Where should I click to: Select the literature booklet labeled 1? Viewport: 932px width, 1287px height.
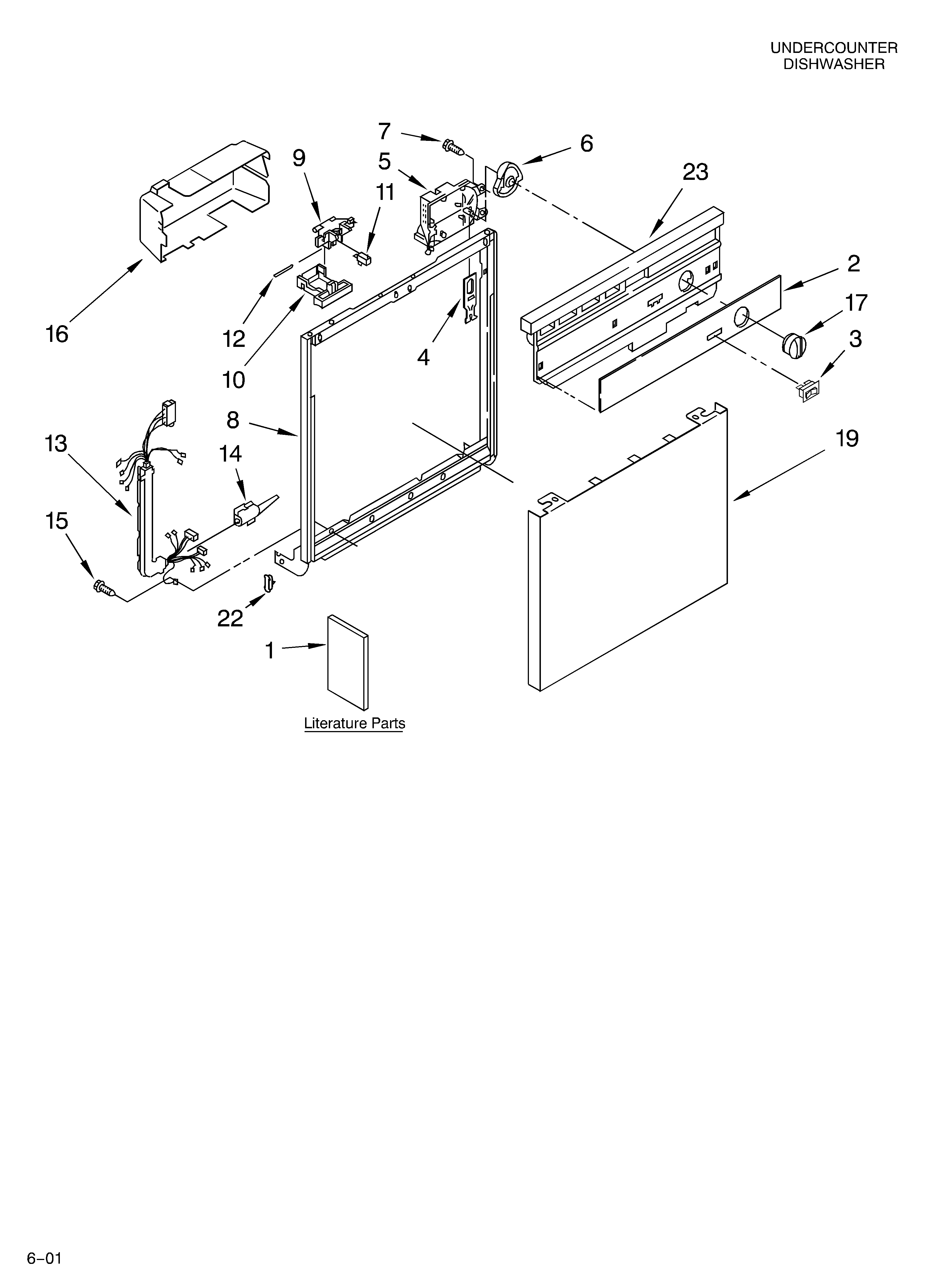coord(347,662)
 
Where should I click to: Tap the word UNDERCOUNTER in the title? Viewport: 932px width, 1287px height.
coord(833,48)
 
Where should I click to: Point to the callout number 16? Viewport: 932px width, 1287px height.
coord(57,334)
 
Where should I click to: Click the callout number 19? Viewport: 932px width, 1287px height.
coord(846,439)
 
